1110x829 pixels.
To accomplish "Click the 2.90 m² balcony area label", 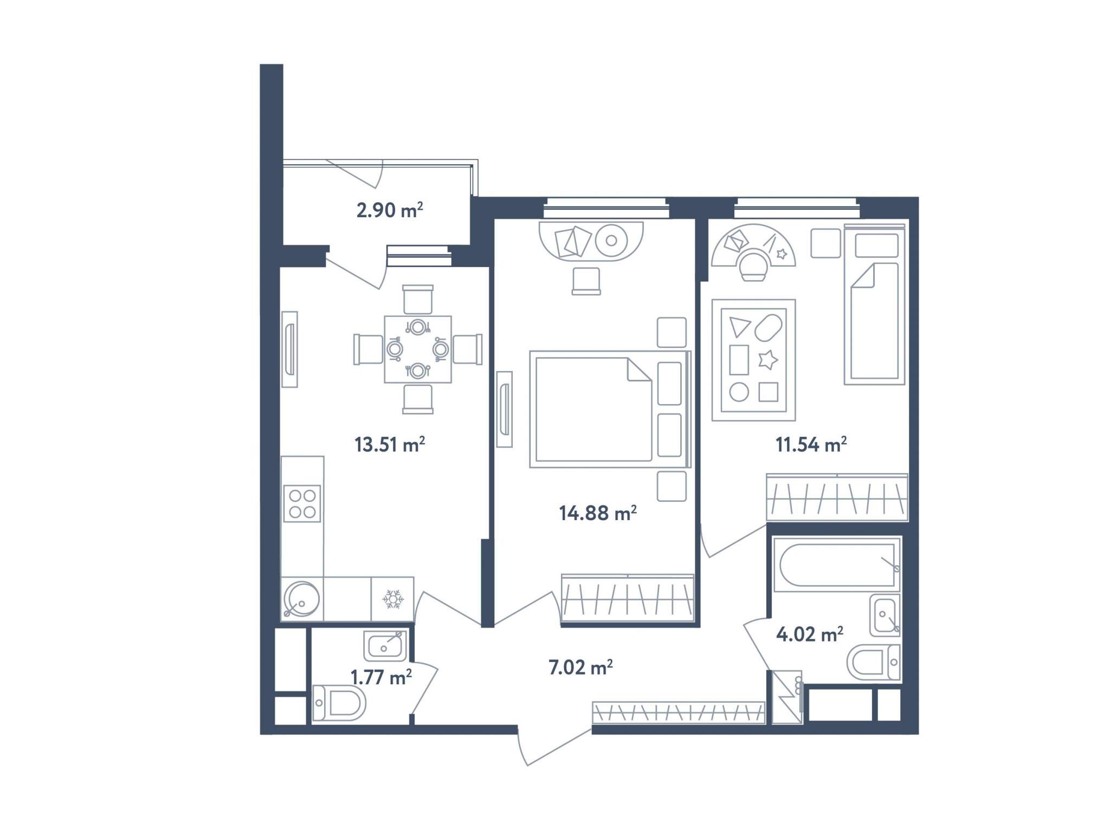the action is [x=389, y=210].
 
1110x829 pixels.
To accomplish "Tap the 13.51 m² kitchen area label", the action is [x=389, y=444].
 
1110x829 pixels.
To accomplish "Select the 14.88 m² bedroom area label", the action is [x=597, y=513].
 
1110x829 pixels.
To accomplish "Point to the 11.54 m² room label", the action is [x=811, y=444].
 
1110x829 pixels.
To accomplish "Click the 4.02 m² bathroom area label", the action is [x=810, y=633].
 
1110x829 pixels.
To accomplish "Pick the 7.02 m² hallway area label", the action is [x=580, y=667].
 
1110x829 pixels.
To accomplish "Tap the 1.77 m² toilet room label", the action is [x=381, y=677].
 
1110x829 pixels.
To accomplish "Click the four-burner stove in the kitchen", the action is [x=302, y=503].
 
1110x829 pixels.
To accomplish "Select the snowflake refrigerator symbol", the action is [x=393, y=599].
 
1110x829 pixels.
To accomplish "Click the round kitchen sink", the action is [x=301, y=599].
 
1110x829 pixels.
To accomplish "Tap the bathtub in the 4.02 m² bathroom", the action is [x=837, y=565].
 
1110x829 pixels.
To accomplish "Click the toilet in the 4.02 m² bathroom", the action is [x=874, y=662].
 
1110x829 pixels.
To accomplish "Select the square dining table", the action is [x=418, y=349].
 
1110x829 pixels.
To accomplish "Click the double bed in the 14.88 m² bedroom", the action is [x=610, y=409].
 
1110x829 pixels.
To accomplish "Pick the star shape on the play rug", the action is [x=767, y=360].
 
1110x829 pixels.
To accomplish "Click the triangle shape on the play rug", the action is [x=738, y=327].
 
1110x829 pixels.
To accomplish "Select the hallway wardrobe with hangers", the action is [x=679, y=713].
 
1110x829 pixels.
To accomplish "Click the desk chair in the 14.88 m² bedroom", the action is [x=586, y=281].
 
